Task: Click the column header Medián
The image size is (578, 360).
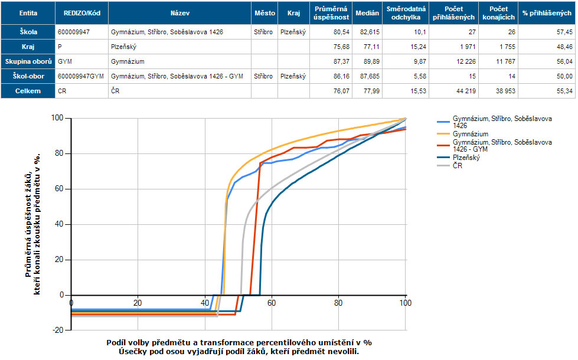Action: pos(368,12)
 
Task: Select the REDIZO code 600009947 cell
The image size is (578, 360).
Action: pos(74,32)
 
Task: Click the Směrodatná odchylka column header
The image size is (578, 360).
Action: pos(405,12)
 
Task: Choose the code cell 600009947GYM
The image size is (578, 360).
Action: pos(81,76)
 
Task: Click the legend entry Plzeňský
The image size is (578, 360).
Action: pos(466,158)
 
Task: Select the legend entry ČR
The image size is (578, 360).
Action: pos(458,166)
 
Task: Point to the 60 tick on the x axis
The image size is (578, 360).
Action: pos(272,303)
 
